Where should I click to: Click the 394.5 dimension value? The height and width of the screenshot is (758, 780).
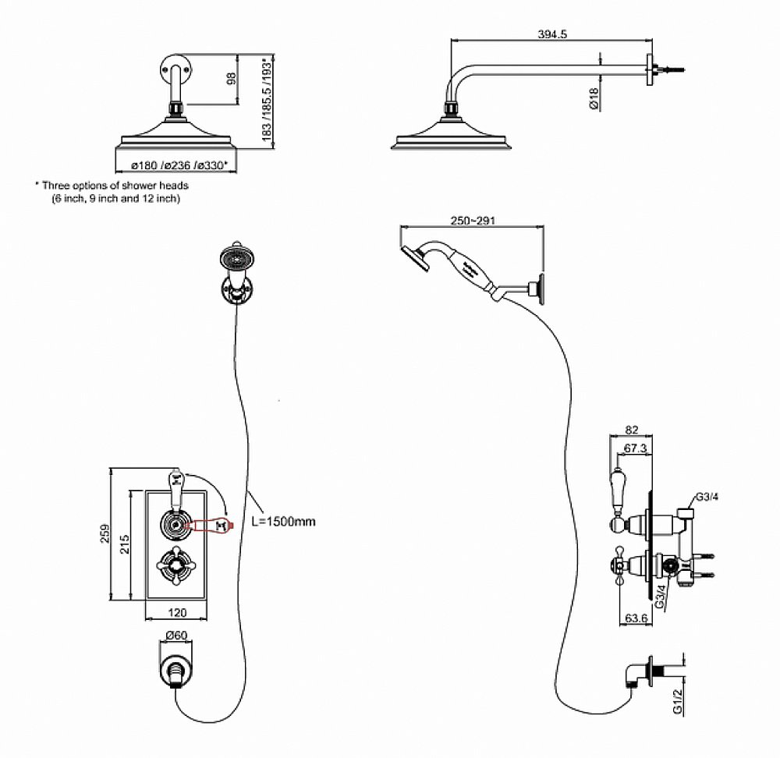551,34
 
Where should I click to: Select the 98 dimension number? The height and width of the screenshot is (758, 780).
232,78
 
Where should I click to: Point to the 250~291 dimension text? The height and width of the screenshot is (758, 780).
472,221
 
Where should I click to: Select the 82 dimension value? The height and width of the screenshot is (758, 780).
632,430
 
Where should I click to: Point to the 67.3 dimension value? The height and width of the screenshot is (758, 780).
638,448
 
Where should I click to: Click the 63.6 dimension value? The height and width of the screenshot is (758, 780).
637,620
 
